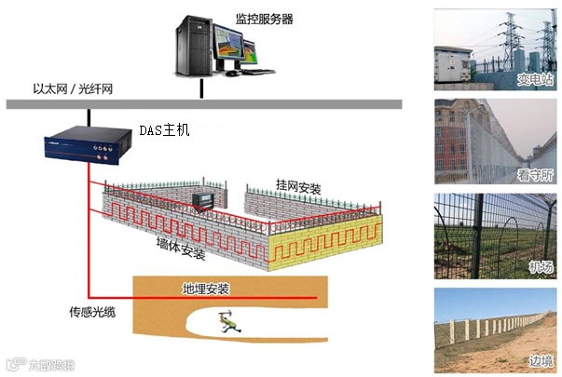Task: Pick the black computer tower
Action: point(193,47)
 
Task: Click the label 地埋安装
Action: point(207,289)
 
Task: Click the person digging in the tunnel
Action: point(226,323)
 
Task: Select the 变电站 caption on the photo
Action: point(535,80)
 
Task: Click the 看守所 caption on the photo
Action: point(535,174)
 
